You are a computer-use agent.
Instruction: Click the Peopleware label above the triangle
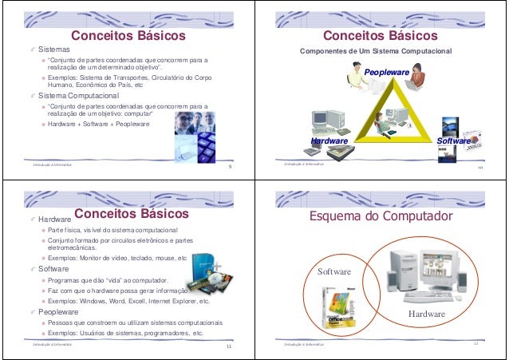(387, 73)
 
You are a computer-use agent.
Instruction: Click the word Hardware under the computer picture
(426, 314)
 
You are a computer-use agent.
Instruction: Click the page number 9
(229, 167)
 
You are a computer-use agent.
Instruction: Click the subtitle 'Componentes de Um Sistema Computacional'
(375, 52)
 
